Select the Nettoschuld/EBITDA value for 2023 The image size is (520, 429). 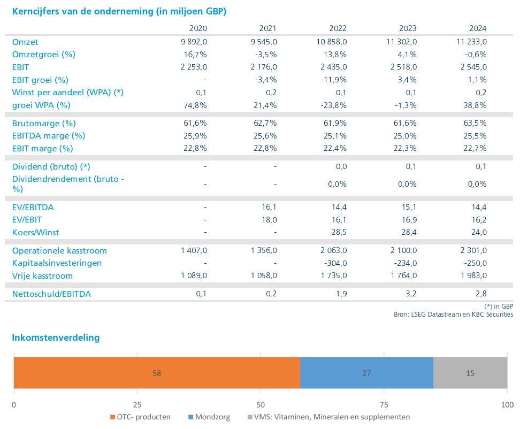point(410,294)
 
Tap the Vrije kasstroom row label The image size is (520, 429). point(42,276)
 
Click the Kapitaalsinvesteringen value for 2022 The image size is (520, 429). point(334,263)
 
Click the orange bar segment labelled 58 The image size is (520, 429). point(157,373)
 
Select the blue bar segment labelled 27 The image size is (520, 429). point(366,373)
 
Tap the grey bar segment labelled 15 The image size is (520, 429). point(470,373)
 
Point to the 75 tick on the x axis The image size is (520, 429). point(384,404)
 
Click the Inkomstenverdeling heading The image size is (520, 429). point(56,338)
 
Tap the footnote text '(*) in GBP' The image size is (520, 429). point(499,306)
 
